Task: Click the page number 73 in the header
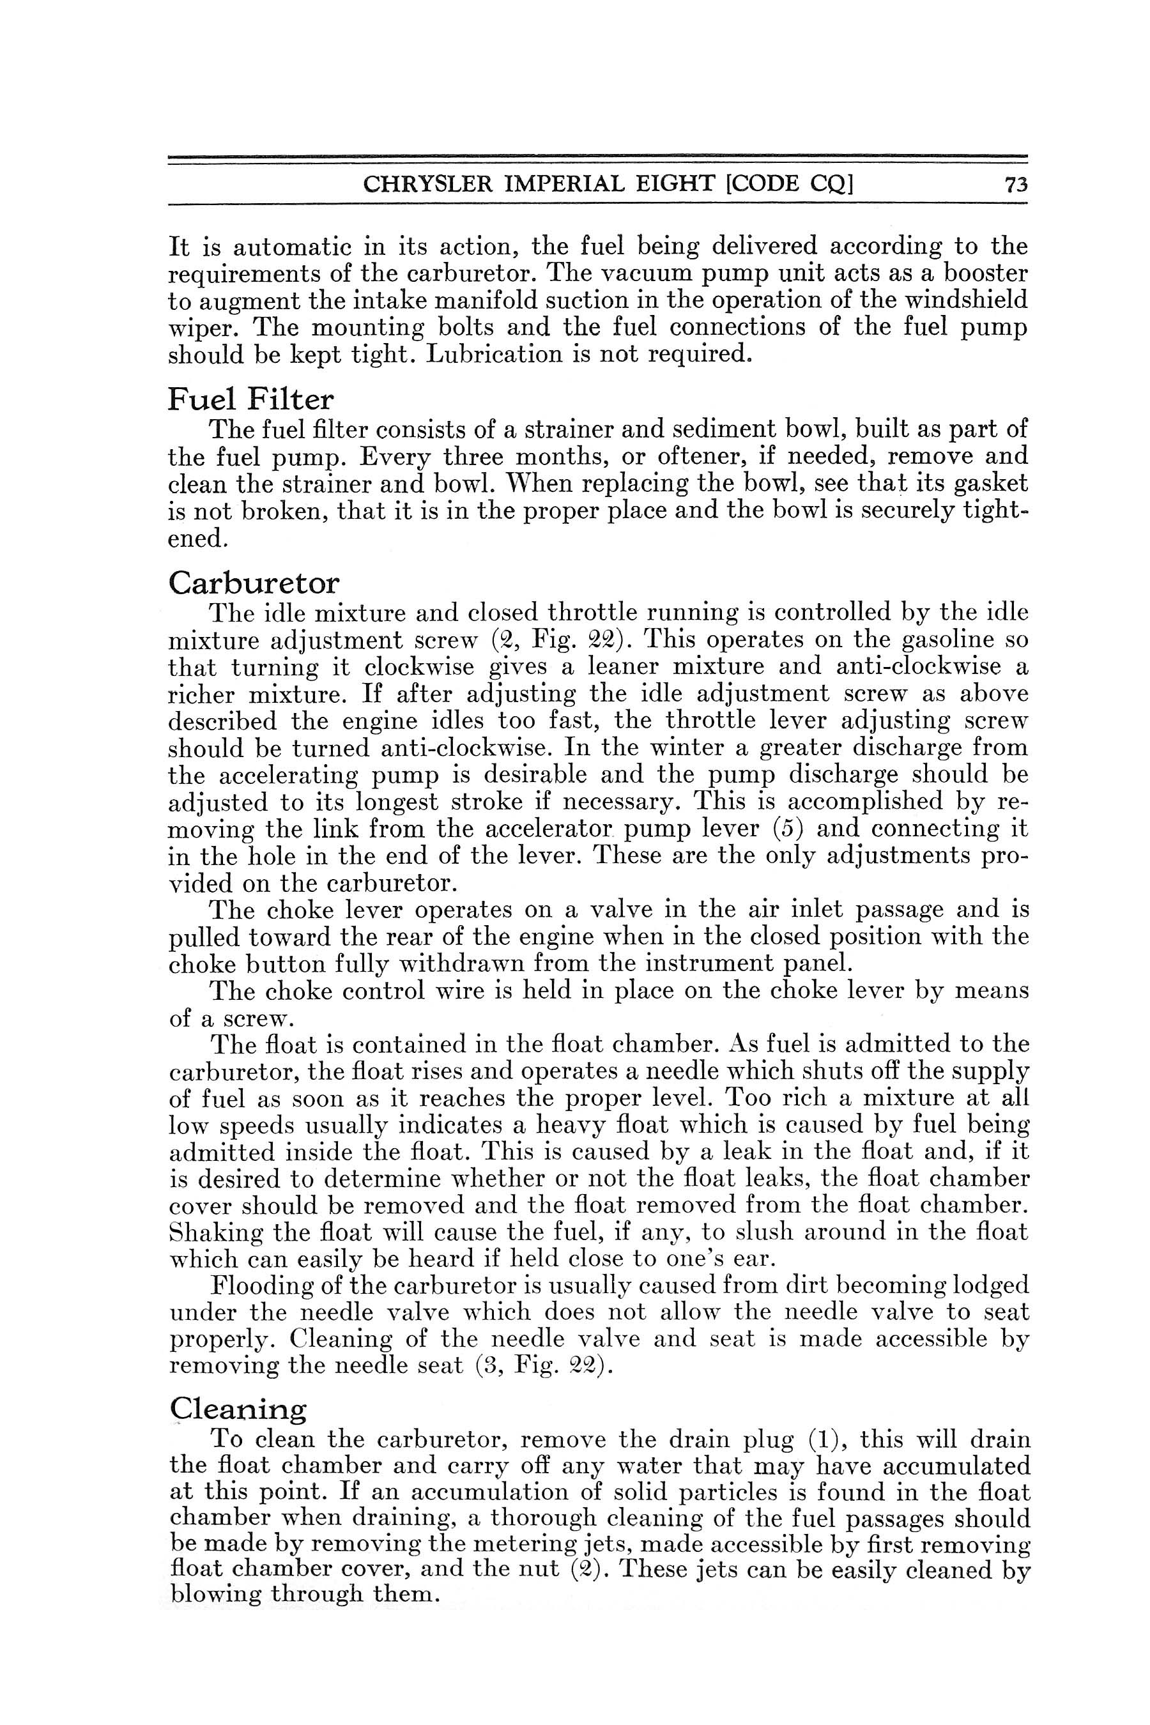pyautogui.click(x=1016, y=184)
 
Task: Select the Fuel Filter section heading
pyautogui.click(x=250, y=400)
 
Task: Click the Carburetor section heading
pyautogui.click(x=254, y=583)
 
